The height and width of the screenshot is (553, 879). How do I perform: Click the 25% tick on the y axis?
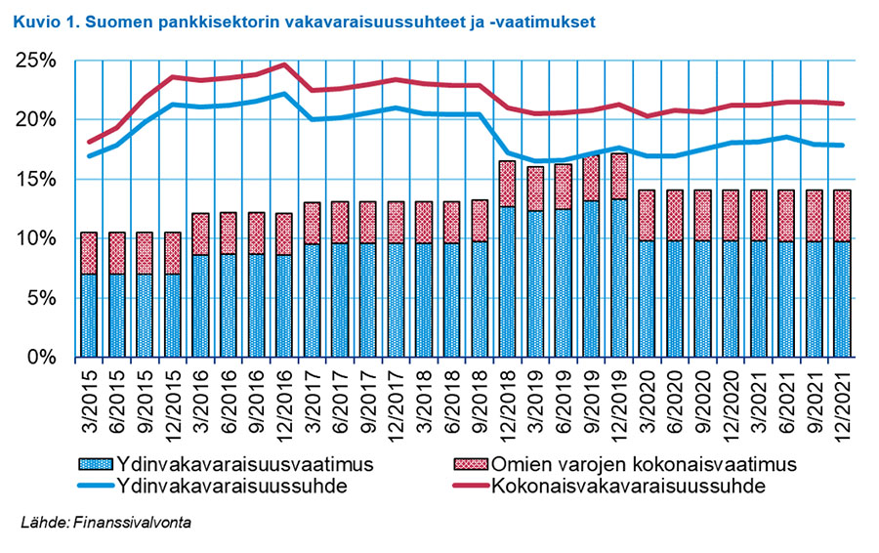pyautogui.click(x=37, y=61)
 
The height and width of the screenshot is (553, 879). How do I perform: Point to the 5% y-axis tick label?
pyautogui.click(x=42, y=298)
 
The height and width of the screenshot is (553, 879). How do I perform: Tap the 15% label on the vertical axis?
pyautogui.click(x=37, y=179)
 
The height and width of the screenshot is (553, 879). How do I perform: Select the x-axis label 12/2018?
pyautogui.click(x=508, y=396)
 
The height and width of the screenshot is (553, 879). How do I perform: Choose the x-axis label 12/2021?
pyautogui.click(x=842, y=396)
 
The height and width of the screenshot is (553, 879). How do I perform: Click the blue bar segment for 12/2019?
pyautogui.click(x=619, y=278)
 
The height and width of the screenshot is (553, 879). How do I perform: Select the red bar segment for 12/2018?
pyautogui.click(x=507, y=184)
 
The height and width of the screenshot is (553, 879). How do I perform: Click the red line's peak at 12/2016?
pyautogui.click(x=282, y=64)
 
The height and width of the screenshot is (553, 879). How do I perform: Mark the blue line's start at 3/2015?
pyautogui.click(x=89, y=155)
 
